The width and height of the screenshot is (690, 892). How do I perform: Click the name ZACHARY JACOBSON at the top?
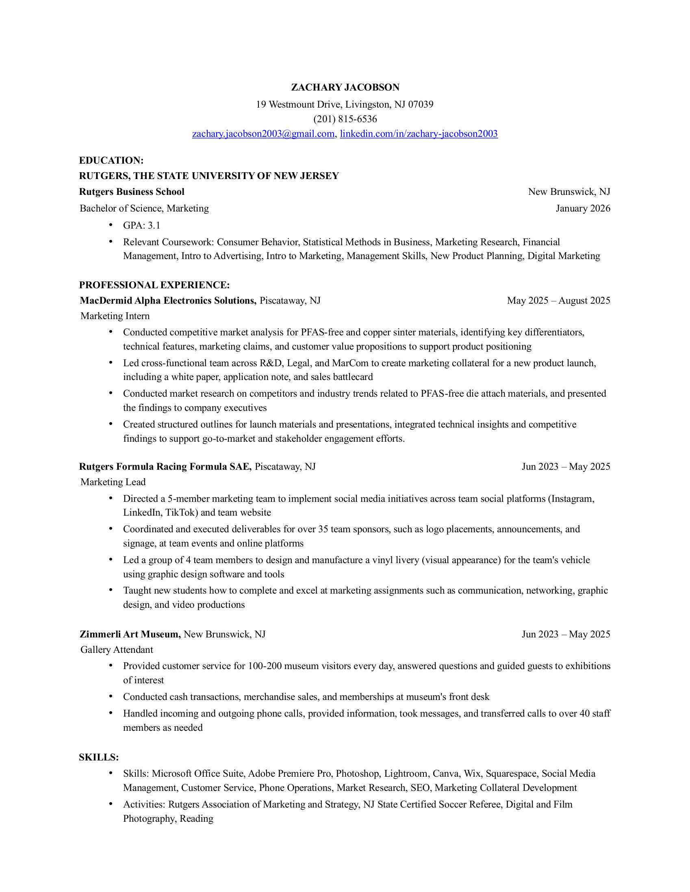[345, 87]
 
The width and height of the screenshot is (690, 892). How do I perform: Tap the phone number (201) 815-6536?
[345, 119]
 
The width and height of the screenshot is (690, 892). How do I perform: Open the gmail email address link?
[263, 134]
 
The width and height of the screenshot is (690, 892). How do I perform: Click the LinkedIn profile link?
[419, 134]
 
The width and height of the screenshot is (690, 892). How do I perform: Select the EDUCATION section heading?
[111, 160]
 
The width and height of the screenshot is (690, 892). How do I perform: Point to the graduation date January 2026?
[582, 208]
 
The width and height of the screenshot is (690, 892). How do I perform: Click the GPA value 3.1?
[154, 225]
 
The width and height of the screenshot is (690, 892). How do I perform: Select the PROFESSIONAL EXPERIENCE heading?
[154, 285]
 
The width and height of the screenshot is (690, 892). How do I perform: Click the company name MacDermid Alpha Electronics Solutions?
[168, 300]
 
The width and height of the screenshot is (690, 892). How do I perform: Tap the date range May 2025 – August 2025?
[558, 300]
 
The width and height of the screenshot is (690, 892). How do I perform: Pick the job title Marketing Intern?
[115, 316]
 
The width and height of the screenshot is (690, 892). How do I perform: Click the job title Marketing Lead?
[113, 482]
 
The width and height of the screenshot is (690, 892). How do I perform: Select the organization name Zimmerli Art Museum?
[130, 634]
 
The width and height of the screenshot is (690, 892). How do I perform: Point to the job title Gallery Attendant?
[117, 649]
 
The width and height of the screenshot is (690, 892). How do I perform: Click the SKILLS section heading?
[98, 757]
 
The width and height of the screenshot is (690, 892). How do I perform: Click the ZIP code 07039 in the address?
[421, 104]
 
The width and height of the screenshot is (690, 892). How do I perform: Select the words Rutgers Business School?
[132, 192]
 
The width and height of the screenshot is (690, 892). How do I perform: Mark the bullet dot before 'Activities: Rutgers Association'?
[111, 803]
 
